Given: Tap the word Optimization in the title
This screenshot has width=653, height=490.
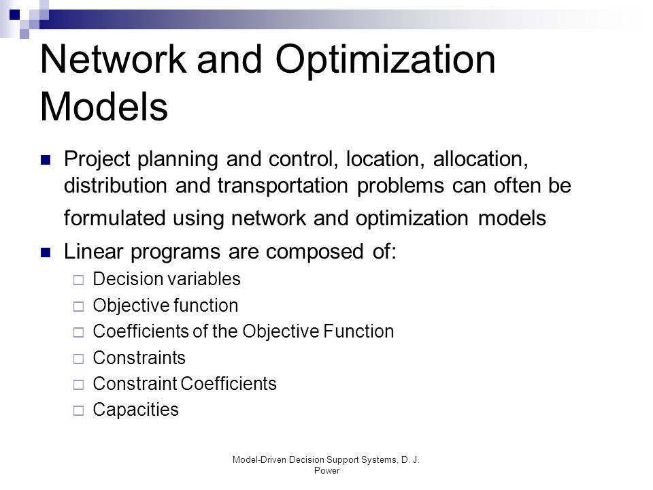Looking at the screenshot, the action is tap(385, 61).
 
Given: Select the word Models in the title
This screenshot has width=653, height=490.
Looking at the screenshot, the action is tap(104, 107).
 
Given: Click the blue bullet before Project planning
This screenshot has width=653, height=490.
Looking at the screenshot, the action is tap(46, 160).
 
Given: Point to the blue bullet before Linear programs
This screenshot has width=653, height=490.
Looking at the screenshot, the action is tap(46, 252).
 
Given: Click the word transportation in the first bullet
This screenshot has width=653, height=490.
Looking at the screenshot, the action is tap(283, 186).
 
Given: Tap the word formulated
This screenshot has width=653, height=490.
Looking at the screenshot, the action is tap(114, 218).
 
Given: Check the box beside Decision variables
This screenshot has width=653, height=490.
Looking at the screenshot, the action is tap(78, 280).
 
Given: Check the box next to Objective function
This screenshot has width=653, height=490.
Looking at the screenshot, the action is tap(78, 307).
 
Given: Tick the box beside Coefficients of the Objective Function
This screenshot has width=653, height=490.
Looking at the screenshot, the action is tap(78, 333).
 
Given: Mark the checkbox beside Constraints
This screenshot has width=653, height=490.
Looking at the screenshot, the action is tap(78, 359).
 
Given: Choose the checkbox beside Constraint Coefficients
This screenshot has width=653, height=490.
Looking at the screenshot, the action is tap(78, 385).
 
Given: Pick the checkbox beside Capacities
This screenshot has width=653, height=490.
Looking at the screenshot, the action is tap(78, 411).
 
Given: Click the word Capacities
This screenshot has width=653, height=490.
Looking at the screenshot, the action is tap(136, 410).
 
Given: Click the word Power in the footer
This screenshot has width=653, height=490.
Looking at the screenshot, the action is tap(327, 471).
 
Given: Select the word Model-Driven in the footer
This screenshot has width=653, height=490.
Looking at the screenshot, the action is tap(259, 460).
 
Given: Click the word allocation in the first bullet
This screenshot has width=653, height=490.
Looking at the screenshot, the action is tap(481, 159).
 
